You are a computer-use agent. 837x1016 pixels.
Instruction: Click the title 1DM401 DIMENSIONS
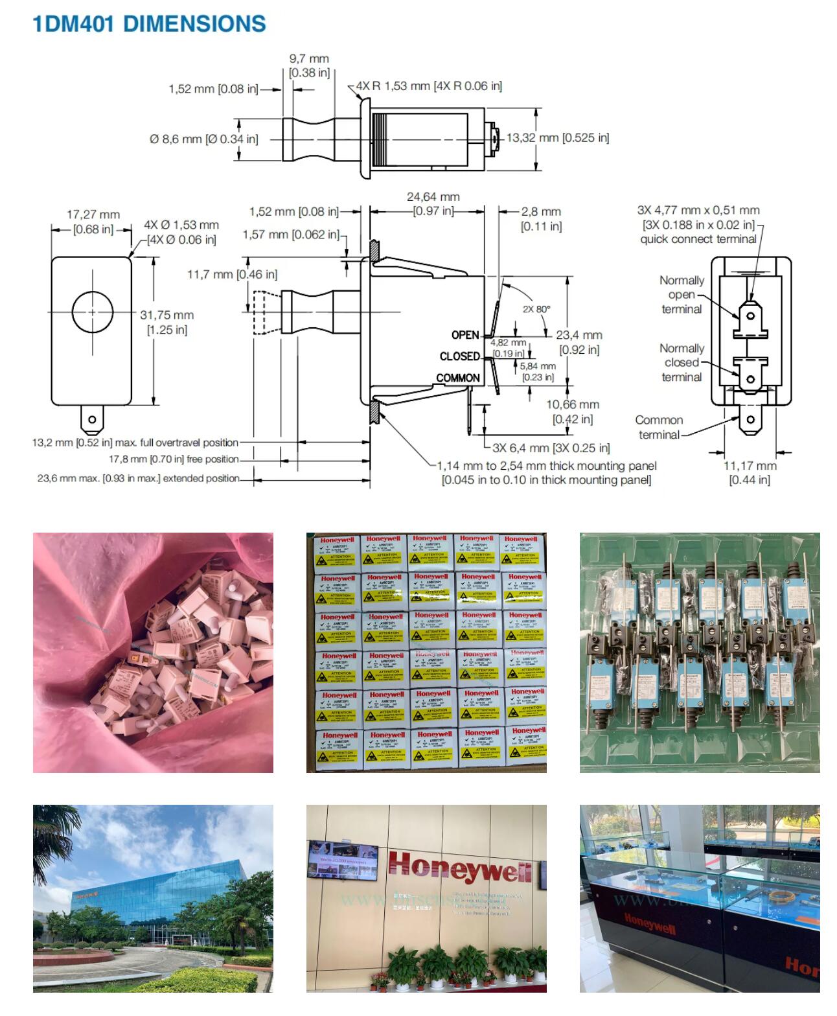point(149,24)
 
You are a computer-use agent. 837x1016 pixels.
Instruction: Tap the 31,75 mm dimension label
point(167,322)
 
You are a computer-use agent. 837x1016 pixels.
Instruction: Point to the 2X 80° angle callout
point(536,309)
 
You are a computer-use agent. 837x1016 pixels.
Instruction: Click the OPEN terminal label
point(465,335)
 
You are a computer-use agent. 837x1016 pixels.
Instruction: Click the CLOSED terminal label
point(459,356)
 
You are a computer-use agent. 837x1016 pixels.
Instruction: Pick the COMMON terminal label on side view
point(458,378)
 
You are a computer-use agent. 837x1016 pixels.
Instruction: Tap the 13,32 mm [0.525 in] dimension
point(557,137)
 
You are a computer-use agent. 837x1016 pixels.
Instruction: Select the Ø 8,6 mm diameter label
point(203,139)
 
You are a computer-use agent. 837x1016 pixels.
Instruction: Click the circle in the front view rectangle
point(92,312)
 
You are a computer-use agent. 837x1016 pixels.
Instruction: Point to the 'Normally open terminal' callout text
point(682,295)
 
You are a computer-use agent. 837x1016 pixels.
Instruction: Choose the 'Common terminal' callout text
point(659,427)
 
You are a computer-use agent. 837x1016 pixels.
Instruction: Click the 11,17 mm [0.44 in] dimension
point(750,472)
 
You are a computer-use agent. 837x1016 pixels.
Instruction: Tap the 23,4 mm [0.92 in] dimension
point(579,342)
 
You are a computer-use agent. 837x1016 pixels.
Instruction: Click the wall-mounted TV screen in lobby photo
point(343,861)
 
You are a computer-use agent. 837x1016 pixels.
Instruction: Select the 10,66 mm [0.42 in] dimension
point(572,411)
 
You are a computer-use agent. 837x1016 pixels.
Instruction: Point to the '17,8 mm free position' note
point(174,459)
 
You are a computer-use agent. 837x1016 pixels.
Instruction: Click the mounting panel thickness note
point(546,472)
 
